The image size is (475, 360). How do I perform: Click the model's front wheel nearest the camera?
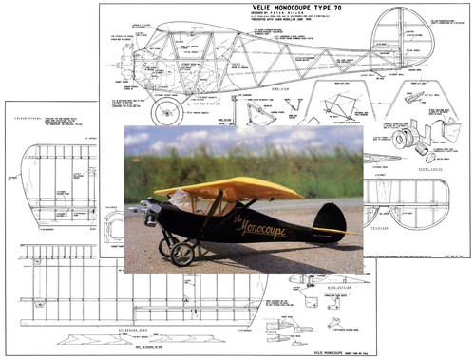pos(180,254)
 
